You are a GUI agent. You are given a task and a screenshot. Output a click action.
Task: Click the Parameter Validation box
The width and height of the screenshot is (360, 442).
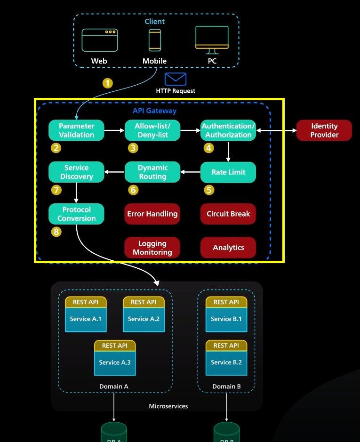(76, 130)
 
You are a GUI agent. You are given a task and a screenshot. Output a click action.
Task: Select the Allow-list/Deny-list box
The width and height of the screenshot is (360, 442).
(152, 130)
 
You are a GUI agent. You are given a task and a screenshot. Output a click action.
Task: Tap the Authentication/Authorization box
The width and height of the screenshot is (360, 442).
(228, 130)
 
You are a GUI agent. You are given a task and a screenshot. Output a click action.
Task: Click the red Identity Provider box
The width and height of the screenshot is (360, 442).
(324, 130)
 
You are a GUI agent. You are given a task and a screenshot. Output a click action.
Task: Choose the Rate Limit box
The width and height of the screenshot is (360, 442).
(228, 172)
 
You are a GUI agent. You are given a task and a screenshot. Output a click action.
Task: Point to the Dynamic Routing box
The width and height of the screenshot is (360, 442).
(152, 172)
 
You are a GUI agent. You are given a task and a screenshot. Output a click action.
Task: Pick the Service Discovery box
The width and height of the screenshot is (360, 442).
(76, 172)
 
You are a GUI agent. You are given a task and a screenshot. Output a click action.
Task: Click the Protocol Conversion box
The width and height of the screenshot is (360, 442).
(76, 214)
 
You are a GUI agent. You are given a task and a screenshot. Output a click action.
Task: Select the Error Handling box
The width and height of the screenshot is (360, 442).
(152, 214)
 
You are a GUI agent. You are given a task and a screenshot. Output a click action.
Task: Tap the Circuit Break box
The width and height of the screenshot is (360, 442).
(228, 214)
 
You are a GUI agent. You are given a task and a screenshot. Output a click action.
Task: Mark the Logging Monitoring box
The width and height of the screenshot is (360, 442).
(152, 248)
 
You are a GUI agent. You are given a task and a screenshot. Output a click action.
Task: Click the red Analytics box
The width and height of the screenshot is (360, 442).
(228, 248)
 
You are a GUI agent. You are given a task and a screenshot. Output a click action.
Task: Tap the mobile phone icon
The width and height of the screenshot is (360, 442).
(155, 40)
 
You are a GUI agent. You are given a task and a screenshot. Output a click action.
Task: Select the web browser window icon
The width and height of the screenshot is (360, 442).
(99, 40)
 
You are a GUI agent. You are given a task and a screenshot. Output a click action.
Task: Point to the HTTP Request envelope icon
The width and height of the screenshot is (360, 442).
(176, 79)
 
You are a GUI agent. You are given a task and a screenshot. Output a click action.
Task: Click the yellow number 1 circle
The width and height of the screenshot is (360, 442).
(108, 83)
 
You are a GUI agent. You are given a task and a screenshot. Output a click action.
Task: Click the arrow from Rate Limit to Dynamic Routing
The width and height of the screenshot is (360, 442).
(191, 172)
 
